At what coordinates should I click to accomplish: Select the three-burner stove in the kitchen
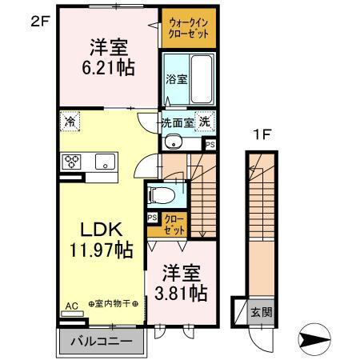pos(71,162)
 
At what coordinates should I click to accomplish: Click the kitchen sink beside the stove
pos(106,162)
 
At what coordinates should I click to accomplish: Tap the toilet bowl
pos(161,194)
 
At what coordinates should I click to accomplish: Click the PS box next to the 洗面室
pos(209,145)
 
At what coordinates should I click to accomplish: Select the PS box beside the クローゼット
pos(151,217)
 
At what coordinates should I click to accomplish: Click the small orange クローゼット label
pos(173,225)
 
